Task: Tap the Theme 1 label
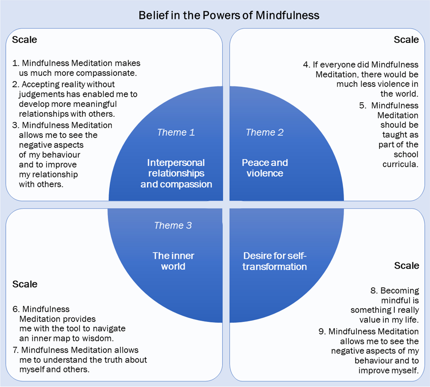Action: [176, 132]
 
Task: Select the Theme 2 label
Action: [264, 132]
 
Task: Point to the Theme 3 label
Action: [173, 225]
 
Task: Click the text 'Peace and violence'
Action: [265, 168]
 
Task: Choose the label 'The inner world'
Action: [173, 261]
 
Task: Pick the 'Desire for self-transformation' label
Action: [275, 261]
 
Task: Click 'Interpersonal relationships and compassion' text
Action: [176, 173]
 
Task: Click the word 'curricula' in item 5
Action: [400, 164]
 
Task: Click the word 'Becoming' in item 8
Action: [400, 291]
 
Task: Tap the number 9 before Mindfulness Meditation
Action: [322, 332]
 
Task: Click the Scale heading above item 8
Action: [406, 266]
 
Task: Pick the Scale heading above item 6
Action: [25, 284]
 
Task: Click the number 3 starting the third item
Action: [15, 125]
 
